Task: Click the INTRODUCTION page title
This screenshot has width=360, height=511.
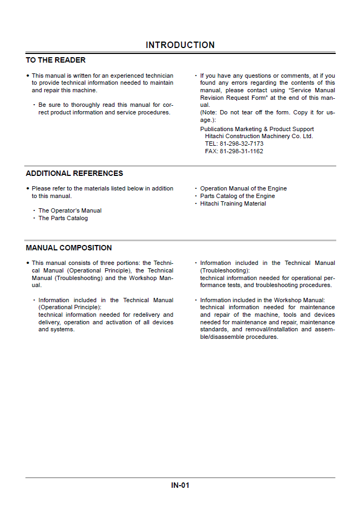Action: point(180,45)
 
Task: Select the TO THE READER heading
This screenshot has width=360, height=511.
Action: point(56,60)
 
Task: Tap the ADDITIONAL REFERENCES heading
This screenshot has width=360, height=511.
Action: point(74,174)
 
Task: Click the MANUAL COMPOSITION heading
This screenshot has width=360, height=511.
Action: point(69,248)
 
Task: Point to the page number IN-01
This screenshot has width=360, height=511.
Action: point(180,485)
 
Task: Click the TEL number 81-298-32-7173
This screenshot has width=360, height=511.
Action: point(234,144)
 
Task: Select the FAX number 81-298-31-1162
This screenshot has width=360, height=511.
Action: point(234,152)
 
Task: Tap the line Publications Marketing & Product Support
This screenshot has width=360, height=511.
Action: point(257,130)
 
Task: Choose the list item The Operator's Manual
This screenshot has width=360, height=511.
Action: point(70,211)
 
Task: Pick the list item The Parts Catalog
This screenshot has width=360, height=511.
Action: point(63,219)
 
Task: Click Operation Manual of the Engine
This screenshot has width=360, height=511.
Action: point(243,189)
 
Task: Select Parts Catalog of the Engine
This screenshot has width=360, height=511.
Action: point(237,196)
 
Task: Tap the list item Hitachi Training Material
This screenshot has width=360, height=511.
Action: point(233,204)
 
